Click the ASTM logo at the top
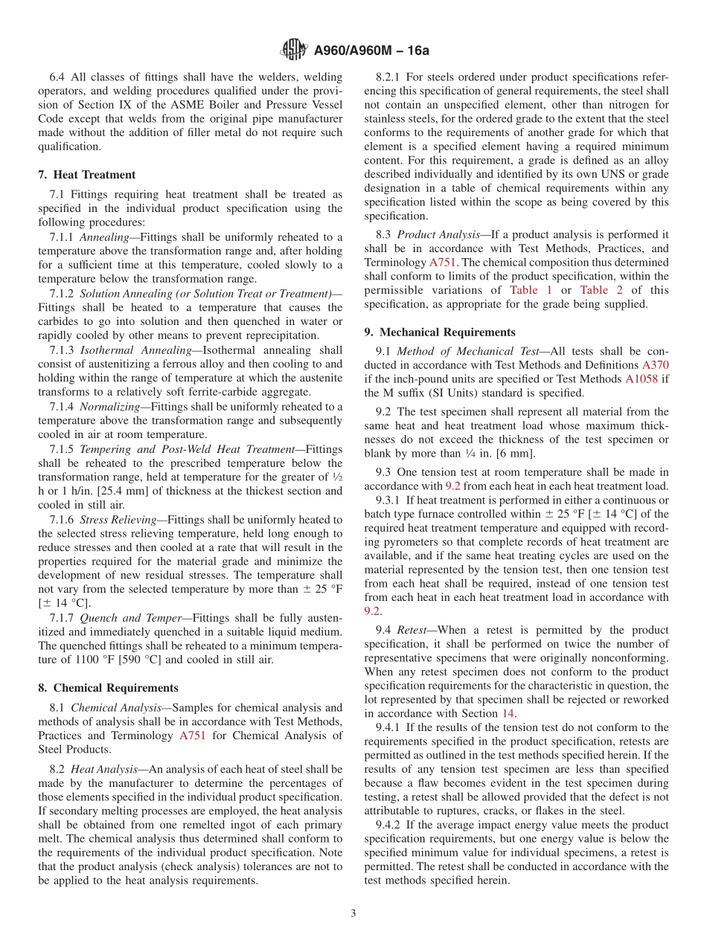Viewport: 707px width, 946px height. (x=293, y=50)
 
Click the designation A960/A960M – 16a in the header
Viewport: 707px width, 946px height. (x=371, y=51)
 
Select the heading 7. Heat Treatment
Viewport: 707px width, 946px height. (x=87, y=175)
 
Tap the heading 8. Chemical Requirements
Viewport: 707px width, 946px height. (x=108, y=688)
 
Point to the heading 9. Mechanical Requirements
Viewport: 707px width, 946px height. (x=439, y=332)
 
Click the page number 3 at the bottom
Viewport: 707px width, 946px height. (x=353, y=913)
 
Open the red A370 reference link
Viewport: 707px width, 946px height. (x=655, y=365)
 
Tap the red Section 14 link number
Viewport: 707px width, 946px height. (x=509, y=713)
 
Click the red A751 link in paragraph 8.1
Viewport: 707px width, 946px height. (x=193, y=736)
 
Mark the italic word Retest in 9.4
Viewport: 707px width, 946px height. (x=412, y=630)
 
